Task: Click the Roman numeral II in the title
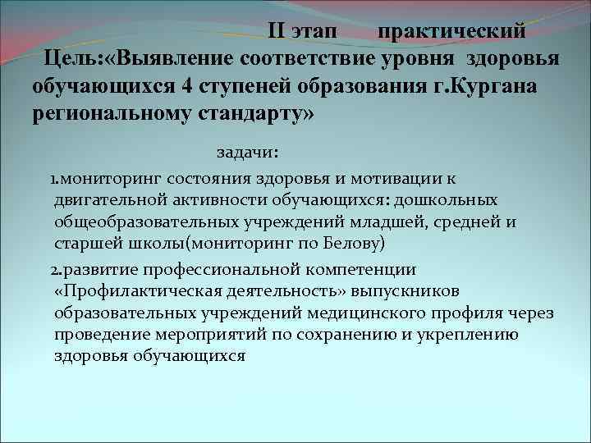coord(279,32)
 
